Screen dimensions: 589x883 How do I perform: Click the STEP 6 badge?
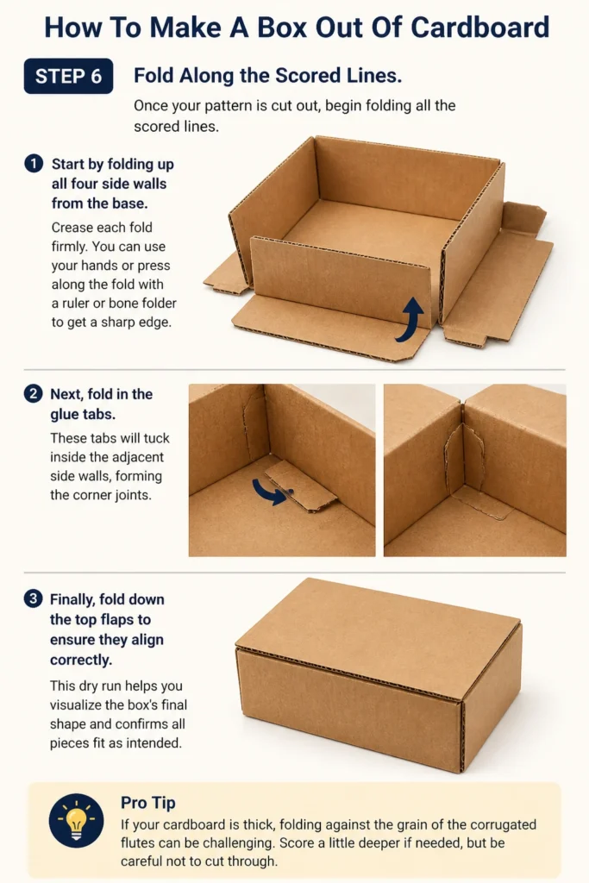pos(68,76)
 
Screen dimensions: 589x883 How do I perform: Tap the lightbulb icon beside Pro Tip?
pos(76,821)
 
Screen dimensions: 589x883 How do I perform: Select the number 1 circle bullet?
pos(34,164)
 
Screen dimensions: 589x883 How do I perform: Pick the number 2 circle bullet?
pos(34,393)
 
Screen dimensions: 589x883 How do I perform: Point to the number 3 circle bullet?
pos(34,598)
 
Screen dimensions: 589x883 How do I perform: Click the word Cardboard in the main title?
pos(479,27)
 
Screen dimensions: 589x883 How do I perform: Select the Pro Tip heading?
pos(148,803)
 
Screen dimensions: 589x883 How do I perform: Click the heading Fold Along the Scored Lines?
pos(268,76)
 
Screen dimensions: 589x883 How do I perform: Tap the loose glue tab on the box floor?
pos(301,485)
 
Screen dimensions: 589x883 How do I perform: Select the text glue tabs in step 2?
pos(83,414)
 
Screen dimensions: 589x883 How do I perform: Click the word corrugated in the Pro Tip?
pos(503,824)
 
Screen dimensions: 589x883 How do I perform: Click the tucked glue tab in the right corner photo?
pos(465,468)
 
